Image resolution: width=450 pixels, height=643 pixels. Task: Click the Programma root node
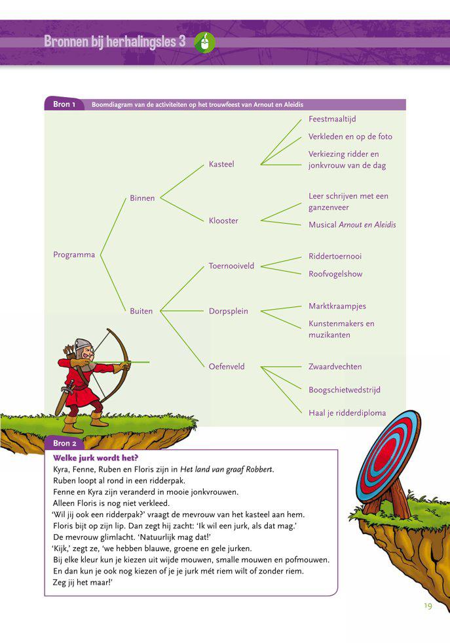point(74,255)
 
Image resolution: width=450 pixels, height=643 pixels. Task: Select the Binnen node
point(142,198)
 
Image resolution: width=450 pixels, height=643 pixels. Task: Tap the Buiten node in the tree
point(141,312)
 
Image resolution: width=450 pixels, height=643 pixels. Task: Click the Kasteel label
point(221,164)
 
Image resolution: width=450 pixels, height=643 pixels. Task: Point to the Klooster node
point(223,221)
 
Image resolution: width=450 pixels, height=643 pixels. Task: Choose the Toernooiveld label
point(231,266)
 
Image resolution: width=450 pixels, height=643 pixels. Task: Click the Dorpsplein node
point(228,312)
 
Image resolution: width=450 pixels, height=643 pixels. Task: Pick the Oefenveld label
point(227,367)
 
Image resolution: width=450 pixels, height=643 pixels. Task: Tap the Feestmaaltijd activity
point(332,119)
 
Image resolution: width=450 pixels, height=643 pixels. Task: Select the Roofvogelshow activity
point(335,274)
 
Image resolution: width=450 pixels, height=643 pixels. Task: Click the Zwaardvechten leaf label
point(335,367)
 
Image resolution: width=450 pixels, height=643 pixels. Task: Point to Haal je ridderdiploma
point(347,413)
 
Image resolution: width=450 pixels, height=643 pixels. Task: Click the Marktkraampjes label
point(337,306)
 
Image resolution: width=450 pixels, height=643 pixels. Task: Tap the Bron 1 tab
point(64,104)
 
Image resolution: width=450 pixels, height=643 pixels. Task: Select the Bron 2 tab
point(65,444)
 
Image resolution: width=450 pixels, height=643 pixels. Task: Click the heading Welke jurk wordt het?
point(96,458)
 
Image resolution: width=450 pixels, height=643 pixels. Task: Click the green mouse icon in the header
point(205,42)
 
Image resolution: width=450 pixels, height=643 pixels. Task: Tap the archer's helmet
point(83,345)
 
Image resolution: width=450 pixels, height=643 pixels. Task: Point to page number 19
point(427,606)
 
